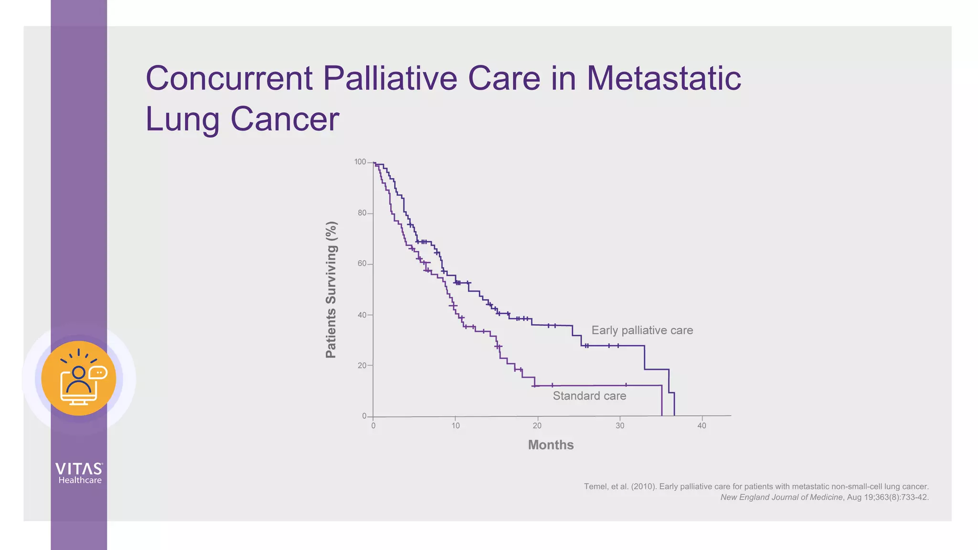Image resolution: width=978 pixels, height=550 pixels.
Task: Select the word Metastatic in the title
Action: [x=664, y=78]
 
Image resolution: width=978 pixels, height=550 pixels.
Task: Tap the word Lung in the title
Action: [x=182, y=119]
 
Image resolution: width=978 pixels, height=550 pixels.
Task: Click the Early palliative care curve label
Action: [x=642, y=330]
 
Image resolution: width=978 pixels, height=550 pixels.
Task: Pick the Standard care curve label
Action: [x=589, y=396]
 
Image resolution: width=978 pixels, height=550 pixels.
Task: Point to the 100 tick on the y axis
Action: [x=360, y=162]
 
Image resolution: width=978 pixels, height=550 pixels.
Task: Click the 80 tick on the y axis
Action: [x=362, y=213]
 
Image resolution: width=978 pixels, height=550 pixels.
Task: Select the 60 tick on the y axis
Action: [x=362, y=264]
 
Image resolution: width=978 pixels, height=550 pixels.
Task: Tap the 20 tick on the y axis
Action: [x=362, y=366]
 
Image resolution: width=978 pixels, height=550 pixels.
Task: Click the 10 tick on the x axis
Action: [x=456, y=426]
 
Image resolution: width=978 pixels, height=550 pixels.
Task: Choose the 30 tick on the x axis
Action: [x=620, y=426]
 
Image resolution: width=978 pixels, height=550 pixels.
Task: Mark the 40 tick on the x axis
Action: [x=702, y=426]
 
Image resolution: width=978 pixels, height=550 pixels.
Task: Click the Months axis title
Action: [x=551, y=445]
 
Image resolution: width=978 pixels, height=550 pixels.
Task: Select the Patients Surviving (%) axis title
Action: [x=331, y=290]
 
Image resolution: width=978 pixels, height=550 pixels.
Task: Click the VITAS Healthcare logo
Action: [x=79, y=473]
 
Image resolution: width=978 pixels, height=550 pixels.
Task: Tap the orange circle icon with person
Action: [x=79, y=378]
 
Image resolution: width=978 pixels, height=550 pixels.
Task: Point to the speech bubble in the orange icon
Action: [x=98, y=372]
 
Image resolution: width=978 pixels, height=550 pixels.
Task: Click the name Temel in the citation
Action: [x=595, y=487]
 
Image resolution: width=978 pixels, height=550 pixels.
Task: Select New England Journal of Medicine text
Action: [x=781, y=497]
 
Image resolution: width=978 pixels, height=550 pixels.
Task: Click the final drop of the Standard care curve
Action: [x=661, y=401]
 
